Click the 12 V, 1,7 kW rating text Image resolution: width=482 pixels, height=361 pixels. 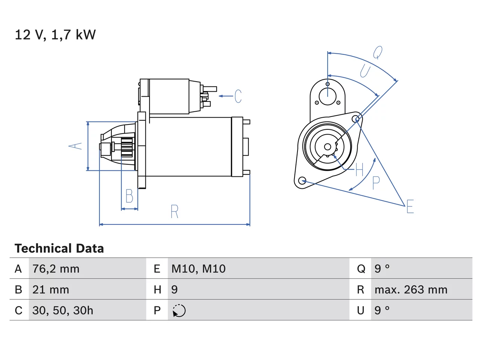pyautogui.click(x=55, y=35)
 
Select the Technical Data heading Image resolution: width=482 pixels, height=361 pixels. pyautogui.click(x=59, y=248)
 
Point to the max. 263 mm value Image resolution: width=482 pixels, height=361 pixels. pyautogui.click(x=411, y=290)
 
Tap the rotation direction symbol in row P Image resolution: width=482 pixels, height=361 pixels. pyautogui.click(x=179, y=311)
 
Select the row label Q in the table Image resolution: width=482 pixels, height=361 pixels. pyautogui.click(x=361, y=269)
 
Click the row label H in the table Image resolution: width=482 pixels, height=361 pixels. pyautogui.click(x=157, y=290)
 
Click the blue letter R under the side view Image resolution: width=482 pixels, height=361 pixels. pyautogui.click(x=175, y=211)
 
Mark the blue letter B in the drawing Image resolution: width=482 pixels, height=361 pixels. pyautogui.click(x=129, y=196)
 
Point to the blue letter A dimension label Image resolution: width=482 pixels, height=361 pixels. pyautogui.click(x=75, y=146)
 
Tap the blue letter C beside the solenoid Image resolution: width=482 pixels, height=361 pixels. pyautogui.click(x=238, y=96)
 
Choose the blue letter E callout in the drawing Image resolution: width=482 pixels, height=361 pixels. pyautogui.click(x=410, y=206)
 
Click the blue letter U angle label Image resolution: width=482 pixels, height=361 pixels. pyautogui.click(x=365, y=71)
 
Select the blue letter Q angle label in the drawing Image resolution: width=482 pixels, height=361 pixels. pyautogui.click(x=378, y=53)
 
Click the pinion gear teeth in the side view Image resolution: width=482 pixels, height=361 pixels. pyautogui.click(x=127, y=147)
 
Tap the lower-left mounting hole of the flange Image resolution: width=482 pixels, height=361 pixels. pyautogui.click(x=302, y=180)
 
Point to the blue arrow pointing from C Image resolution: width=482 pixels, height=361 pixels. pyautogui.click(x=226, y=96)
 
